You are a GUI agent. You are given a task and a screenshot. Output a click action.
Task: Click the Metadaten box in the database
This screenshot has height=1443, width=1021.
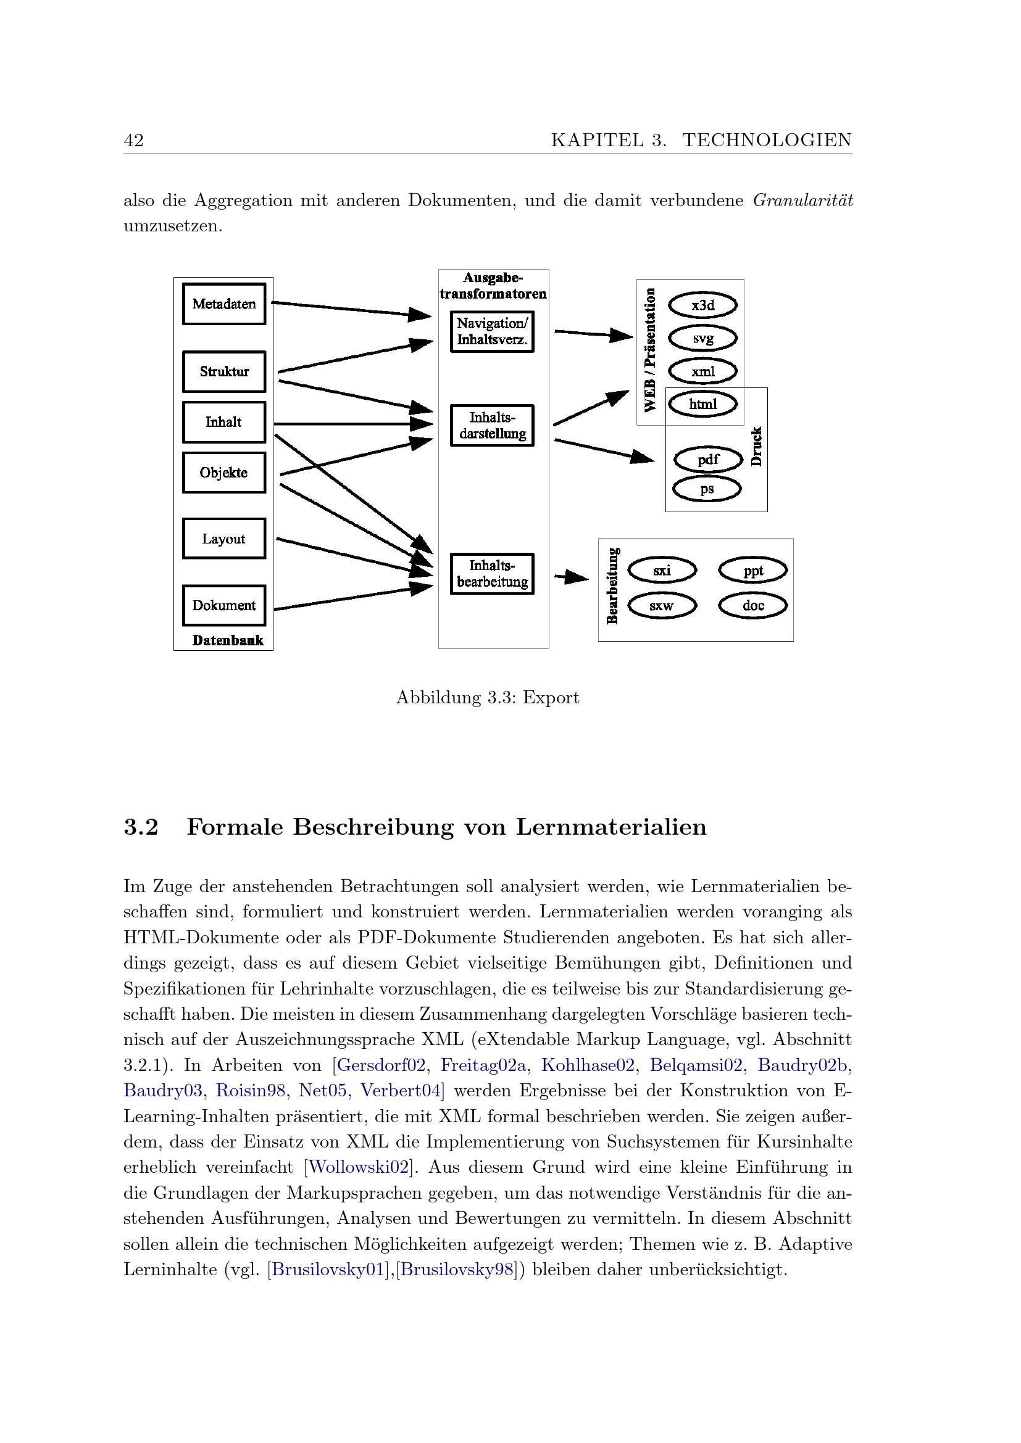224,304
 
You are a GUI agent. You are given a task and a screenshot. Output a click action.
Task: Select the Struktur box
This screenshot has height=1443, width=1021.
224,371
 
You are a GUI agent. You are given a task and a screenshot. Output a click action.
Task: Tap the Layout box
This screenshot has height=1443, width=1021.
224,539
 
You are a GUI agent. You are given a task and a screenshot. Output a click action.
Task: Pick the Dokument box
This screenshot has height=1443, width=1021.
224,605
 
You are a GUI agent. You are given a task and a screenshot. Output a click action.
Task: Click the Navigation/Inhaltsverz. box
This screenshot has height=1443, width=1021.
492,331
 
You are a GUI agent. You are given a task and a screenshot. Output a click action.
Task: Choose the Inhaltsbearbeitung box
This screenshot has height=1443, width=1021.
492,573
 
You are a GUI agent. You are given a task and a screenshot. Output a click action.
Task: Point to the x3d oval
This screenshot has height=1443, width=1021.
702,305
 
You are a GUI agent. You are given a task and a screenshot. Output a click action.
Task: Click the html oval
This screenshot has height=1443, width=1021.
702,404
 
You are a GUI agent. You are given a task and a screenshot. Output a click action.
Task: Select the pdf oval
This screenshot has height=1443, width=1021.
708,460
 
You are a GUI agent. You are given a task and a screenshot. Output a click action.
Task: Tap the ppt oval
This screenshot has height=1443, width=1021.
752,571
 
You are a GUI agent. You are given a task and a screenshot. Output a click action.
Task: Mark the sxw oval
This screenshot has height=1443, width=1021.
661,606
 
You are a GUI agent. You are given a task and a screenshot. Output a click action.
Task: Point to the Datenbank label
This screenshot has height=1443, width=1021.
228,640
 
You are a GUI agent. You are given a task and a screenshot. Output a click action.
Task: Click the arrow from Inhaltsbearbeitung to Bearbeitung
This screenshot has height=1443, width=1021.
571,576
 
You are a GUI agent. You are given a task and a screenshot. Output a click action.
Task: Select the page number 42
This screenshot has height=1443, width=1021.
134,140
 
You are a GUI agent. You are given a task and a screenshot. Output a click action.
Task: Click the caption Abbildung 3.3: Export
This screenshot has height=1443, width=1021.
487,698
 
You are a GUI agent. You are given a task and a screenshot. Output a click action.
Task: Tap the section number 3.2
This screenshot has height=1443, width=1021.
141,827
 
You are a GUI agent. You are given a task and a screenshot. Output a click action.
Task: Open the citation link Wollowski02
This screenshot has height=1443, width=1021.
359,1167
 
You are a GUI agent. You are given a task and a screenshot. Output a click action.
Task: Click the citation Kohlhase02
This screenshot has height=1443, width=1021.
587,1065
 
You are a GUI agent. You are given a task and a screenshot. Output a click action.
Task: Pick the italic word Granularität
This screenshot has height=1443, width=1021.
802,201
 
